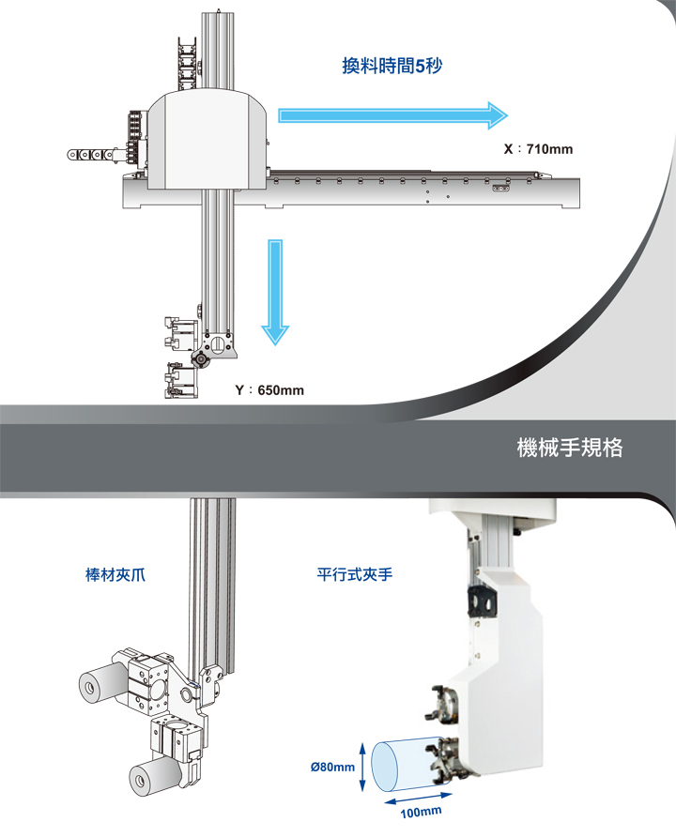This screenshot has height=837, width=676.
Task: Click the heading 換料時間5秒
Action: pyautogui.click(x=392, y=67)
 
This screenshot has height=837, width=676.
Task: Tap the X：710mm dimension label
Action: pyautogui.click(x=538, y=149)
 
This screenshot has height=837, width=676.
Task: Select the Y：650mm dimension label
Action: pyautogui.click(x=269, y=389)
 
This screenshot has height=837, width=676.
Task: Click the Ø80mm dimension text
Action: pyautogui.click(x=332, y=768)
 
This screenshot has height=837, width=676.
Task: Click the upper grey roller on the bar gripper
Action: pyautogui.click(x=100, y=689)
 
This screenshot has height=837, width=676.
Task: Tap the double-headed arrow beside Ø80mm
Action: pyautogui.click(x=363, y=767)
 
